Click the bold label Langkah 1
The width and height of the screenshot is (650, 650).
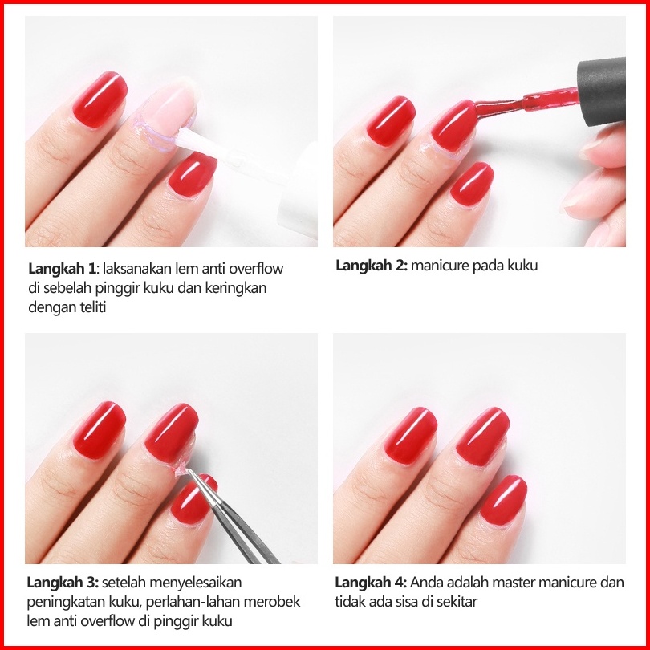click(62, 269)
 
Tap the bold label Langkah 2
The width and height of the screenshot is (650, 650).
click(372, 266)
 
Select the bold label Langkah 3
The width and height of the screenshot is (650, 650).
click(63, 583)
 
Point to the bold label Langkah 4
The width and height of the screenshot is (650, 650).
click(371, 583)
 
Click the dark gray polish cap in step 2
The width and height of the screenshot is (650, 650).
click(602, 91)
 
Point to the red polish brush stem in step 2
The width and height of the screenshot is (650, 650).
click(526, 102)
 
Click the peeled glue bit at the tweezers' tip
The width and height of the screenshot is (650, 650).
click(181, 470)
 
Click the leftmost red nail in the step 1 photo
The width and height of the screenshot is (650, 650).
click(100, 100)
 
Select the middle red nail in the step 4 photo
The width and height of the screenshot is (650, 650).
click(482, 437)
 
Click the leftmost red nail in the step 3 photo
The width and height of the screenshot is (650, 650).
click(100, 430)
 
